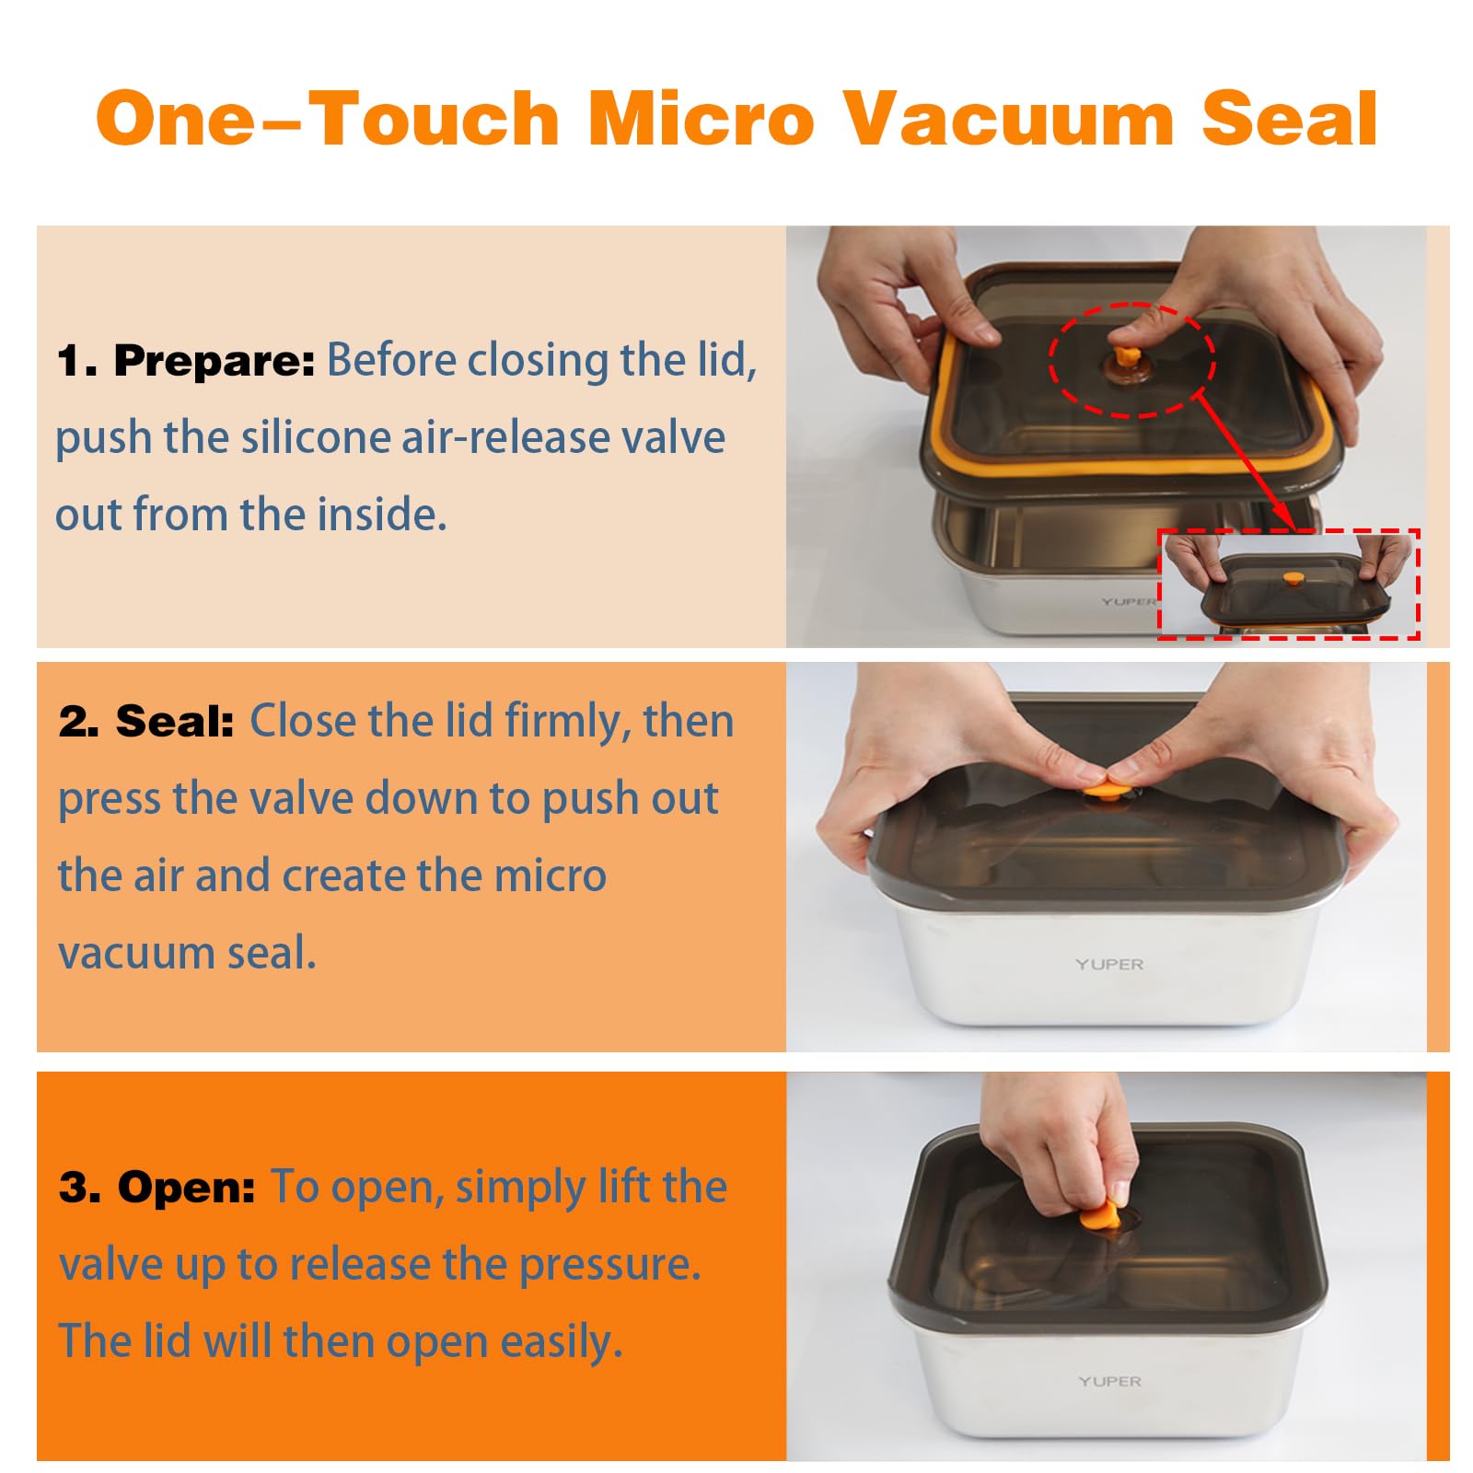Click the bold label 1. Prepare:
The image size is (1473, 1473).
click(186, 360)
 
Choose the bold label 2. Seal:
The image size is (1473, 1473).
click(146, 721)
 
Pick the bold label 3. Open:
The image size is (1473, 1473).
click(157, 1187)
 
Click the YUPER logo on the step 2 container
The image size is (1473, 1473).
click(1109, 964)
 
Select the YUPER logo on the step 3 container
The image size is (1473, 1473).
click(1109, 1381)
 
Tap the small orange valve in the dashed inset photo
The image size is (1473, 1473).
click(1293, 579)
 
